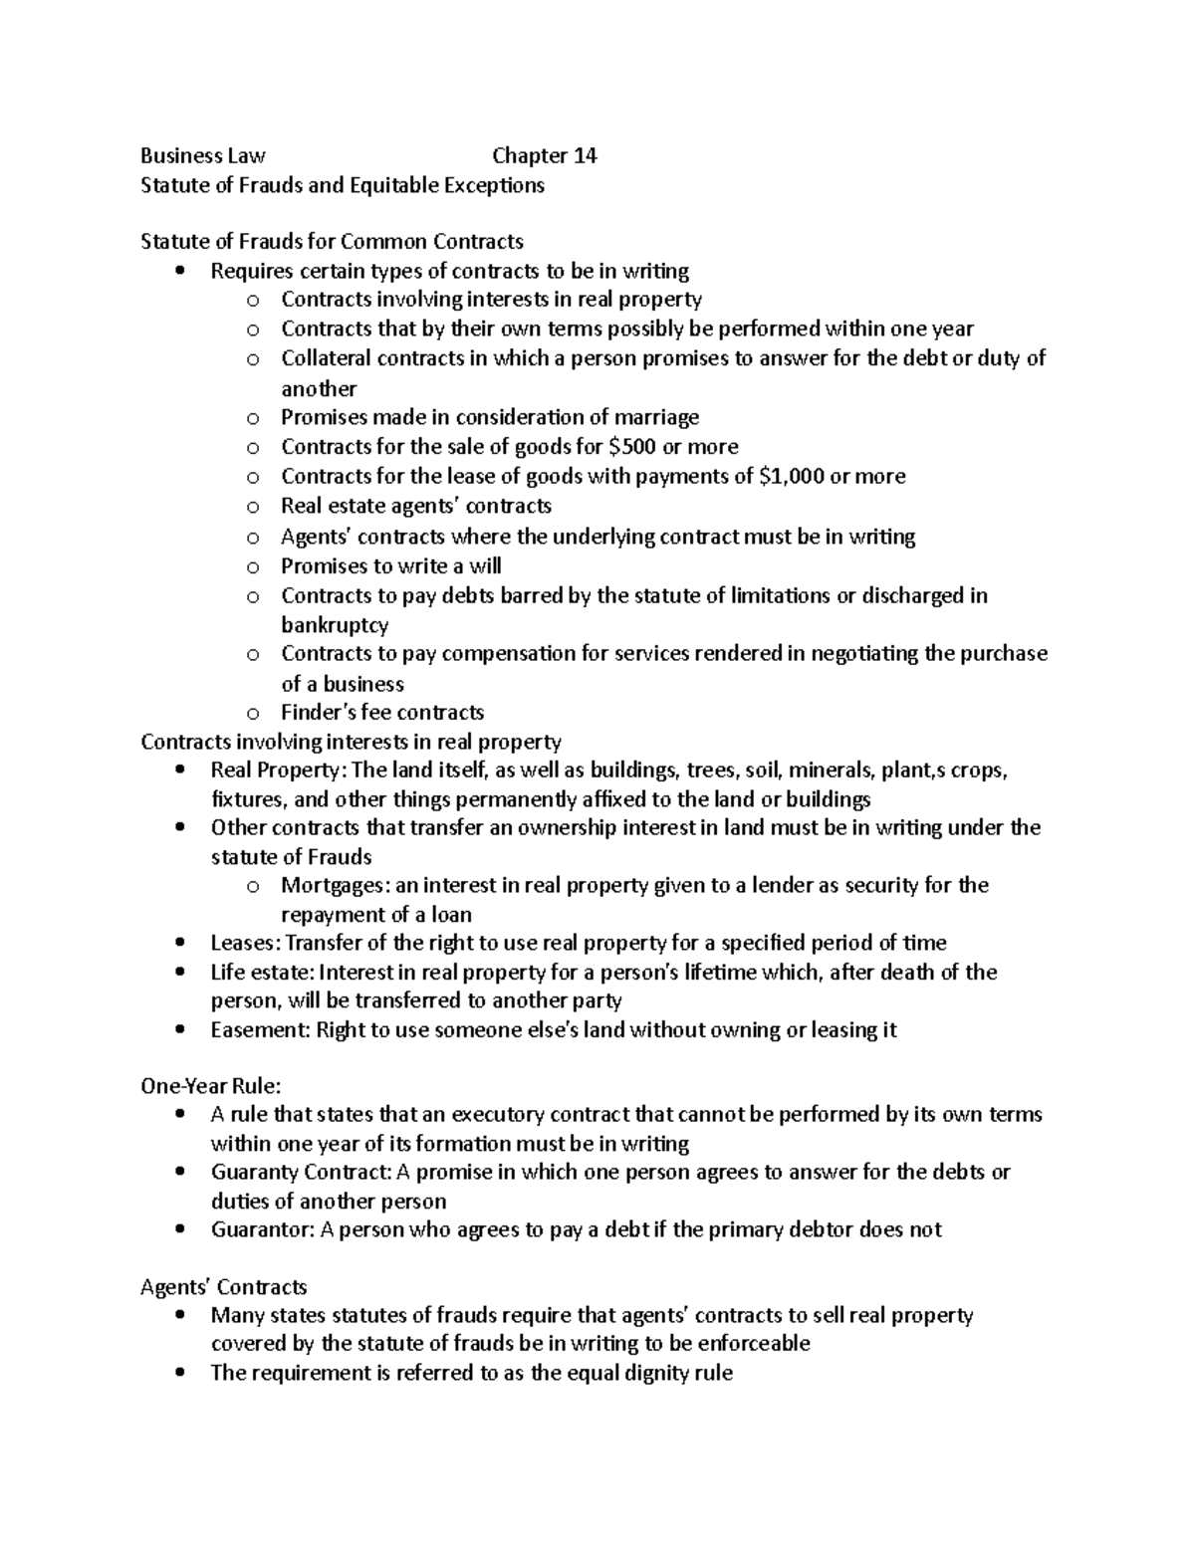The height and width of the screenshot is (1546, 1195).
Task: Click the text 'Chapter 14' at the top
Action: coord(544,156)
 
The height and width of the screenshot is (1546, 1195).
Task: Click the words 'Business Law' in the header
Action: coord(202,156)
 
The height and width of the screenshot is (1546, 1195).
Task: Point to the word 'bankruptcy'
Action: coord(335,625)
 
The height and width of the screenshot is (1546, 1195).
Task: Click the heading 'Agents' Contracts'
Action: coord(223,1287)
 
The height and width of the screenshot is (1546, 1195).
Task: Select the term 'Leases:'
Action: coord(246,943)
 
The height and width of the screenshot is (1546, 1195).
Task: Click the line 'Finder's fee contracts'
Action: coord(382,713)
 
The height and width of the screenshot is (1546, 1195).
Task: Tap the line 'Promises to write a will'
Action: coord(390,566)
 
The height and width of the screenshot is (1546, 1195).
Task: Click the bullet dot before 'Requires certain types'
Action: coord(179,271)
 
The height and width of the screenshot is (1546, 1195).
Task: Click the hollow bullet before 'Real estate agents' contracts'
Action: coord(253,508)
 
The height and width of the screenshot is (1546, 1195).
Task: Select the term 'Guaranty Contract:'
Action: coord(301,1173)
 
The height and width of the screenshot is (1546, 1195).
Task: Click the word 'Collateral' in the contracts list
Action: coord(327,358)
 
